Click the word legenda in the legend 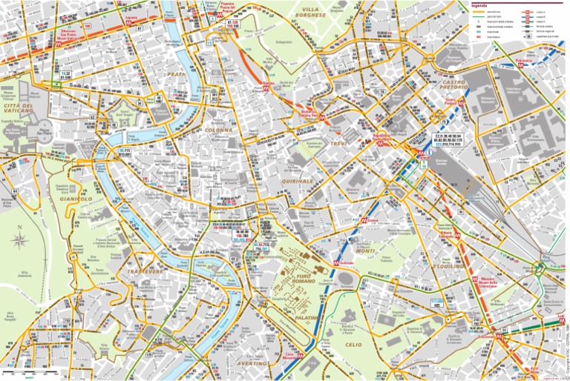click(483, 4)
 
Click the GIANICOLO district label click(74, 199)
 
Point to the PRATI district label click(175, 74)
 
